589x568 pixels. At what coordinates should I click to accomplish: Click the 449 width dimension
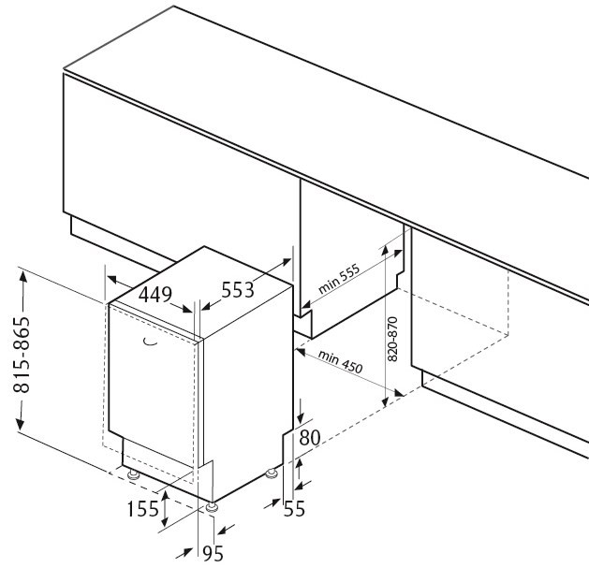[x=155, y=295]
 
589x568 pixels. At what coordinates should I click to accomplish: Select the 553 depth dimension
[x=238, y=290]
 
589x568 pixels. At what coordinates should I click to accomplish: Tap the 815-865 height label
[x=22, y=355]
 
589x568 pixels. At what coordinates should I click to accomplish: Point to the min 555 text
[x=339, y=279]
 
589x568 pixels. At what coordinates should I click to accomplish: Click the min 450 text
[x=340, y=362]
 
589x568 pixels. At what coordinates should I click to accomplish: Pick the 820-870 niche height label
[x=392, y=340]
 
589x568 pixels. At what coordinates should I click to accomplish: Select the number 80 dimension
[x=310, y=438]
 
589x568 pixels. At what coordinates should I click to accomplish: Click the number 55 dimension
[x=294, y=509]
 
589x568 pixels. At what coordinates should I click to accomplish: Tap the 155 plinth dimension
[x=143, y=509]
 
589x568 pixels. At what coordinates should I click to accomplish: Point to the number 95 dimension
[x=213, y=553]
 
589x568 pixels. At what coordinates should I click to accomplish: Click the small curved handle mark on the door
[x=150, y=342]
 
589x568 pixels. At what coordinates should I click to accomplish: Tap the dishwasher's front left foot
[x=133, y=475]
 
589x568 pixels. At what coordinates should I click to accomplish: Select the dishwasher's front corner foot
[x=212, y=507]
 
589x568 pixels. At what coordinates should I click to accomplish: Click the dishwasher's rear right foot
[x=271, y=474]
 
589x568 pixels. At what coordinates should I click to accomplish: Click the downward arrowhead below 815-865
[x=21, y=424]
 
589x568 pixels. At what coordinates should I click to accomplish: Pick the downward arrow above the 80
[x=301, y=412]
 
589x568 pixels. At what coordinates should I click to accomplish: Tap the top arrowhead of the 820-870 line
[x=385, y=252]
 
